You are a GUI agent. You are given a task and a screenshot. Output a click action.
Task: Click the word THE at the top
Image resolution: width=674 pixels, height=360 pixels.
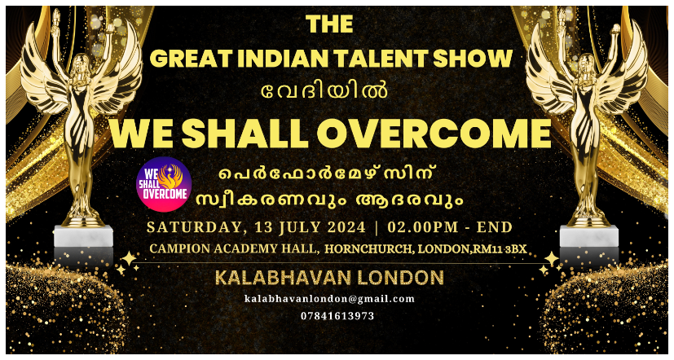point(330,24)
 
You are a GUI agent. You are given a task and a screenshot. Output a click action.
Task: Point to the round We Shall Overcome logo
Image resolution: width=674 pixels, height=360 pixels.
point(164,184)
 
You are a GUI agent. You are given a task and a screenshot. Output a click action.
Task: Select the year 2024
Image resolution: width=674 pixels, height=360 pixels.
point(346,226)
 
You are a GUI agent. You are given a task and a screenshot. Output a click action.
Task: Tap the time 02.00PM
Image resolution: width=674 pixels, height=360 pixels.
point(423,226)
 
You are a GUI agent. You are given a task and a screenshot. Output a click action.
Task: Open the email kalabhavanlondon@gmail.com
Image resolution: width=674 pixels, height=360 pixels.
point(329,299)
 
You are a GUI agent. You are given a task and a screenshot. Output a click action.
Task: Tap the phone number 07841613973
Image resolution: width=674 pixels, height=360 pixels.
point(337,316)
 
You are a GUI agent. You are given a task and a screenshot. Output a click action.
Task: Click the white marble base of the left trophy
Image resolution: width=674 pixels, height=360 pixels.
point(83,236)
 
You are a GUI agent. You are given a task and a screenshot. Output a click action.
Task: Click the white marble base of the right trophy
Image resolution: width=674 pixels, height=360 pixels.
point(588,236)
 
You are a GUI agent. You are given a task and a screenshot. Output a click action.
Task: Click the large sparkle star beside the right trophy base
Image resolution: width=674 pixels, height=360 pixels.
point(551,259)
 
